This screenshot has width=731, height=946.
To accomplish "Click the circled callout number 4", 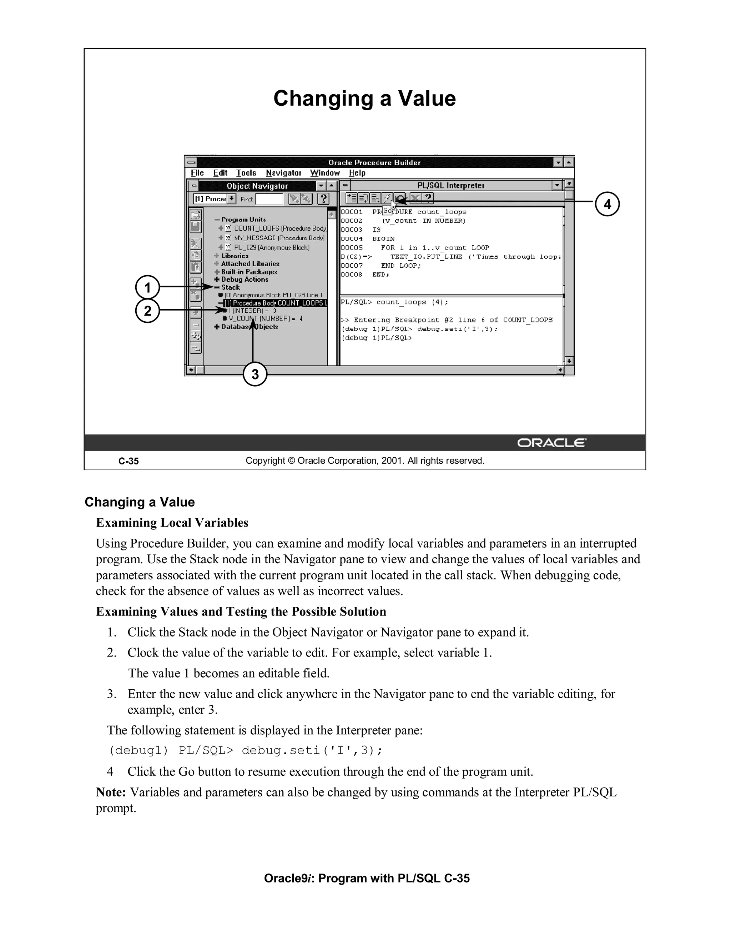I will pos(607,204).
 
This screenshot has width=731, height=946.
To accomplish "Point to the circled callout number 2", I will pos(148,311).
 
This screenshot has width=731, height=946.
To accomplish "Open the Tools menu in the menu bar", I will pos(246,173).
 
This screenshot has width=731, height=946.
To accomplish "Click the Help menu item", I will pos(357,173).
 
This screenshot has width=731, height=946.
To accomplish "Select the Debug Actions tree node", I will pos(244,280).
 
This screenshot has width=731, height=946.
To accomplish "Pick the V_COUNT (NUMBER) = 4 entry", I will pos(265,319).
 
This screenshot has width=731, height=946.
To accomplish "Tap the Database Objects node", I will pos(249,327).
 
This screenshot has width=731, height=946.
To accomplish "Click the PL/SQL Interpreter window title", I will pos(450,185).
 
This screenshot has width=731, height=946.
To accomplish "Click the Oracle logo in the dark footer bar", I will pos(551,443).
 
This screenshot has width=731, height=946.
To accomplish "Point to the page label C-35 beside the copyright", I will pos(128,461).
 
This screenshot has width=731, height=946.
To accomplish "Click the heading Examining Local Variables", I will pos(172,523).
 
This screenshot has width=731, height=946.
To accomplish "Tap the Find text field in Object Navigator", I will pos(269,199).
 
